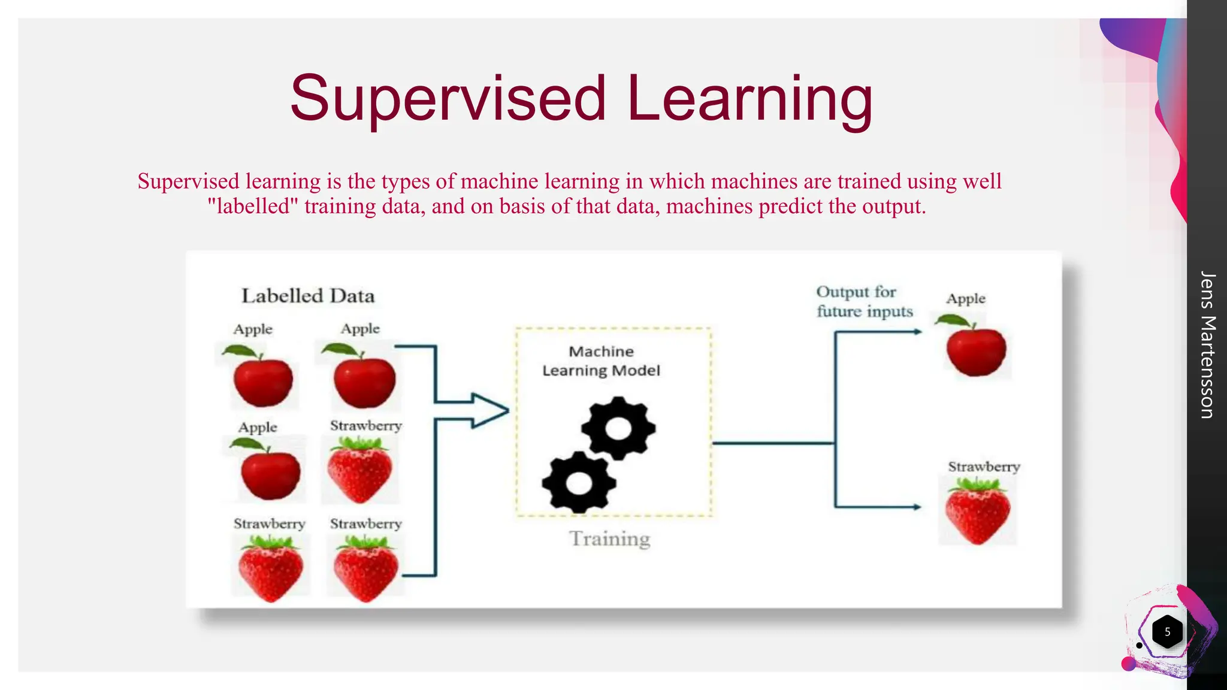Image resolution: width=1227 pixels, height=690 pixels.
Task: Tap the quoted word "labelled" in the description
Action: [252, 207]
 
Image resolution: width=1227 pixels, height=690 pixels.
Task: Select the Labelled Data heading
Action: [308, 296]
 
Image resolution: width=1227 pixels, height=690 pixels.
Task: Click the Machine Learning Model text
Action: [601, 361]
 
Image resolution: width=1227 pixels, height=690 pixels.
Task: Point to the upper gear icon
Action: [618, 428]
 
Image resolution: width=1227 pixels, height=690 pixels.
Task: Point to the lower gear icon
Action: [579, 483]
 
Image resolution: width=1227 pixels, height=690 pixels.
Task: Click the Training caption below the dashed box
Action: [609, 538]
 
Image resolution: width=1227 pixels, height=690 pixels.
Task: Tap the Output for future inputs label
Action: [864, 301]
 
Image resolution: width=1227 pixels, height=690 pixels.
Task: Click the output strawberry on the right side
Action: [978, 512]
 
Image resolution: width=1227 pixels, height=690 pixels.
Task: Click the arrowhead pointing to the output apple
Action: [917, 331]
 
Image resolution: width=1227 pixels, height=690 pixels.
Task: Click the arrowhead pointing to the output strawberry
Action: [917, 507]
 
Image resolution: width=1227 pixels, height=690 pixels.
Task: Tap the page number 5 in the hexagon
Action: [1167, 632]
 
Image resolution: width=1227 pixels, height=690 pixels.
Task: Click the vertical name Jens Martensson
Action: [1207, 345]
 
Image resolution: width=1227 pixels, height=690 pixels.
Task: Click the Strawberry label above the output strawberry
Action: [984, 467]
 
